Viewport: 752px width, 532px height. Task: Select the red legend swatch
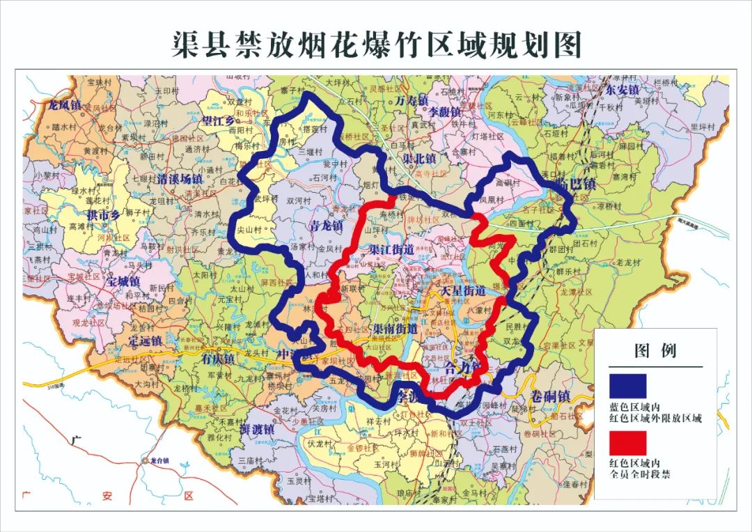[627, 443]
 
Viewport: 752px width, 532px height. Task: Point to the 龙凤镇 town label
[64, 105]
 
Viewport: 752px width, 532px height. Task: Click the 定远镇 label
[145, 341]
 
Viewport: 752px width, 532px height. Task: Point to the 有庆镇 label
[219, 359]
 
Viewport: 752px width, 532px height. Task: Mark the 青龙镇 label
[325, 226]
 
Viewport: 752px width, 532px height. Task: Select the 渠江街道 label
[391, 249]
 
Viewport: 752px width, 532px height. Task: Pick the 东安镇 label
[622, 91]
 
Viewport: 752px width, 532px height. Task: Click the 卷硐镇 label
[550, 396]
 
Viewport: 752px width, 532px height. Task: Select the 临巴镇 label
[575, 183]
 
